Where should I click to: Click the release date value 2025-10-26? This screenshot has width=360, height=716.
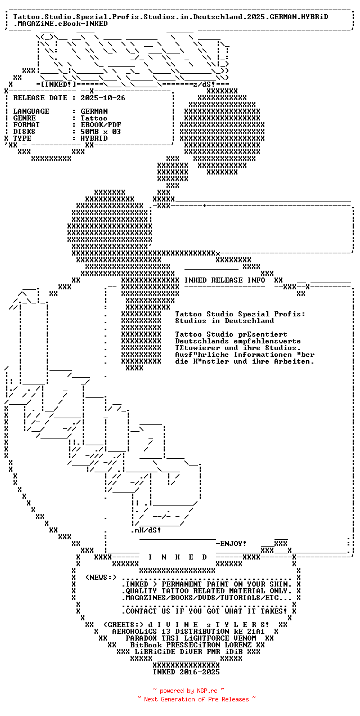(x=103, y=98)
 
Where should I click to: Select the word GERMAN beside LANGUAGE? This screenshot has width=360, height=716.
(x=94, y=111)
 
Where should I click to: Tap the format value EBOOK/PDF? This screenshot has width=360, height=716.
(x=101, y=125)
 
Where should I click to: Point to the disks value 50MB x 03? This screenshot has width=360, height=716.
(x=101, y=132)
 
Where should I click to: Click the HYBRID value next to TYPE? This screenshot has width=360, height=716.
(x=94, y=138)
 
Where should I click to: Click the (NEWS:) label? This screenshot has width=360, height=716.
(x=101, y=577)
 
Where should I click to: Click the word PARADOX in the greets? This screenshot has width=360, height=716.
(x=141, y=638)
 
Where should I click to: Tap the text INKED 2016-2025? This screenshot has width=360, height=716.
(x=186, y=672)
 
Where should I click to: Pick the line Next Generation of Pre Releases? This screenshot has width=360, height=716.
(x=196, y=699)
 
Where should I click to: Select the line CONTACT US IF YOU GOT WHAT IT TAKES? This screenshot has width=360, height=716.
(x=206, y=611)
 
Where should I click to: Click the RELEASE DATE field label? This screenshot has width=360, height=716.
(x=40, y=98)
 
